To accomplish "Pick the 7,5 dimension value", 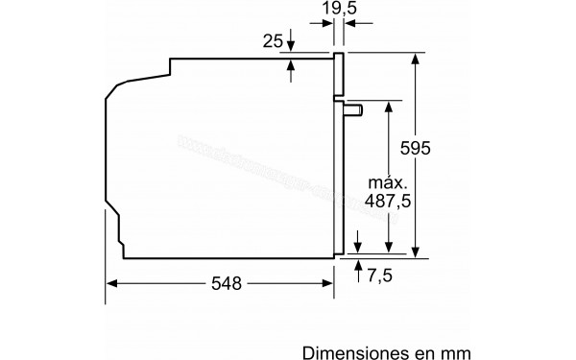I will pos(381,276).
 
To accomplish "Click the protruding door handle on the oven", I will pos(354,108).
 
